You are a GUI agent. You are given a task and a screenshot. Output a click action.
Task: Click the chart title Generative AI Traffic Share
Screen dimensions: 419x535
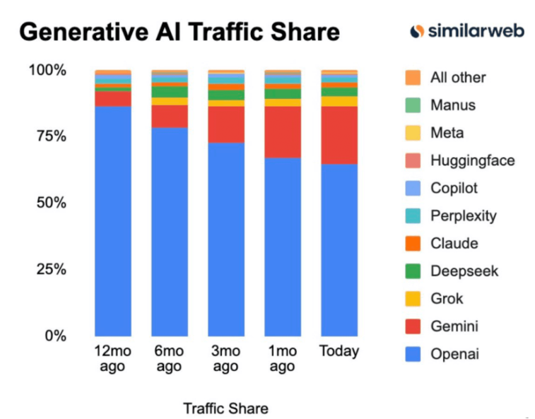point(179,33)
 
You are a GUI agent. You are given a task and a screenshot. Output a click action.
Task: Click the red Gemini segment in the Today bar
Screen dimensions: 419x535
point(339,135)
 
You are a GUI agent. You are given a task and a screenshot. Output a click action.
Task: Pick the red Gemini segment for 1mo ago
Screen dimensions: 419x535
point(283,131)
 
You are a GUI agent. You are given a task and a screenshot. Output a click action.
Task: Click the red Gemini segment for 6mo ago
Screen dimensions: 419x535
point(170,116)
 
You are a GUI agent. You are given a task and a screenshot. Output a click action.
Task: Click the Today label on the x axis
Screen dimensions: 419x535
point(339,351)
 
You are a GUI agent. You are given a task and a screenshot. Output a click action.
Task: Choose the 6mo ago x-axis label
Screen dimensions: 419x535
point(170,358)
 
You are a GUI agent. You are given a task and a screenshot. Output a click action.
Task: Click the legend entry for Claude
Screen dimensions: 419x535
point(454,243)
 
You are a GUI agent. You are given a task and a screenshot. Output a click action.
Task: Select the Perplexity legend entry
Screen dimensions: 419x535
point(463,216)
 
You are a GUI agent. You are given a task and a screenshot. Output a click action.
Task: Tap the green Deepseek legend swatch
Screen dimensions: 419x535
point(413,271)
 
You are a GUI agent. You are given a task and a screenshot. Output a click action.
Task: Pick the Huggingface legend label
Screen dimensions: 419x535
point(472,160)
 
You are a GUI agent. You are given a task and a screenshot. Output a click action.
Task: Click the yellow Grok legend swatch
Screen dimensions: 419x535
point(413,298)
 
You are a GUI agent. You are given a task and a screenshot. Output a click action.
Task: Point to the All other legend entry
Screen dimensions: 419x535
point(458,78)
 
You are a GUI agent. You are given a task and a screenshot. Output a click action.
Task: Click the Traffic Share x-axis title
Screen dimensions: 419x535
point(225,408)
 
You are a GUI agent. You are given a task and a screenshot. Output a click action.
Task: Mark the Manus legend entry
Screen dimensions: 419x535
point(452,105)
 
